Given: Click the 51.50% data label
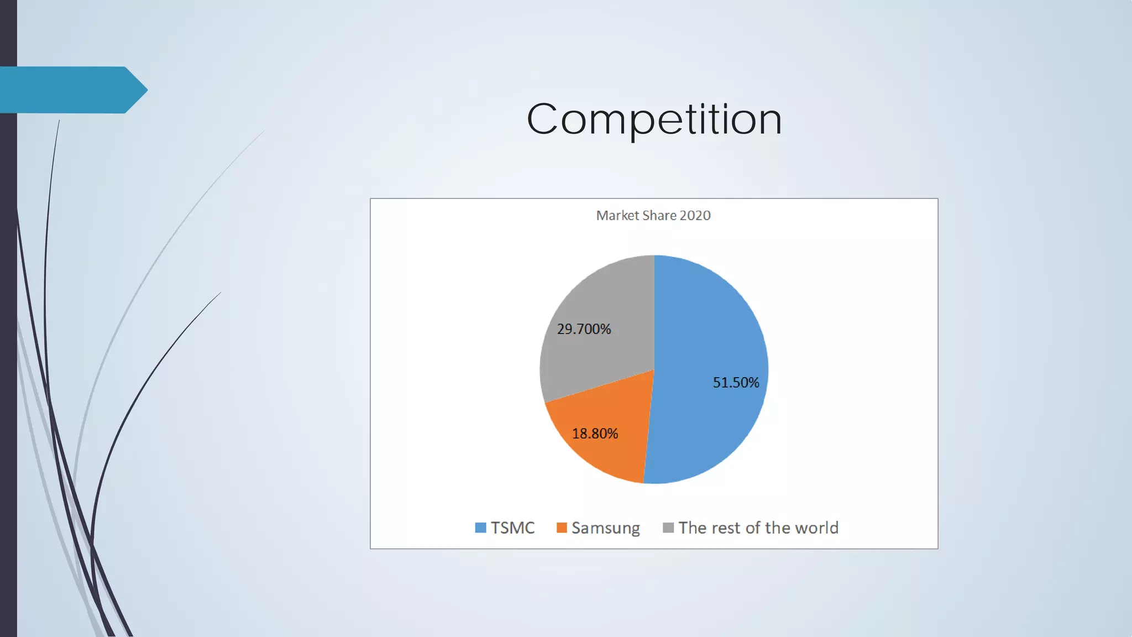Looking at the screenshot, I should click(736, 383).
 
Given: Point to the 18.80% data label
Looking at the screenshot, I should click(595, 434).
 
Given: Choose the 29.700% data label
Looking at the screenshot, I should click(584, 329).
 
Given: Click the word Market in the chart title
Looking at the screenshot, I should click(617, 216).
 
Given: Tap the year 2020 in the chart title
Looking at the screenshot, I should click(695, 216).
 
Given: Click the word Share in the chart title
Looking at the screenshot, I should click(659, 216).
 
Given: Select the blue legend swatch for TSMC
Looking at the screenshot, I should click(480, 528).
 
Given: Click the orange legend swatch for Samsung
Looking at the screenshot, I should click(562, 528).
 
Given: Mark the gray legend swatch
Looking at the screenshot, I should click(668, 528).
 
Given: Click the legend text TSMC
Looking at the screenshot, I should click(512, 528).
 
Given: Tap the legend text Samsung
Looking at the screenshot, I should click(605, 528).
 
